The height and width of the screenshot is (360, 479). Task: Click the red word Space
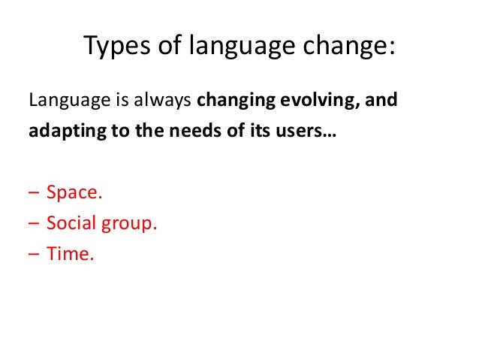tap(74, 192)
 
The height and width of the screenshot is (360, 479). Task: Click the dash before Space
tap(34, 193)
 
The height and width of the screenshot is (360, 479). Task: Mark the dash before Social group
tap(34, 224)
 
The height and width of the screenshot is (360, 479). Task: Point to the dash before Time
tap(34, 255)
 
